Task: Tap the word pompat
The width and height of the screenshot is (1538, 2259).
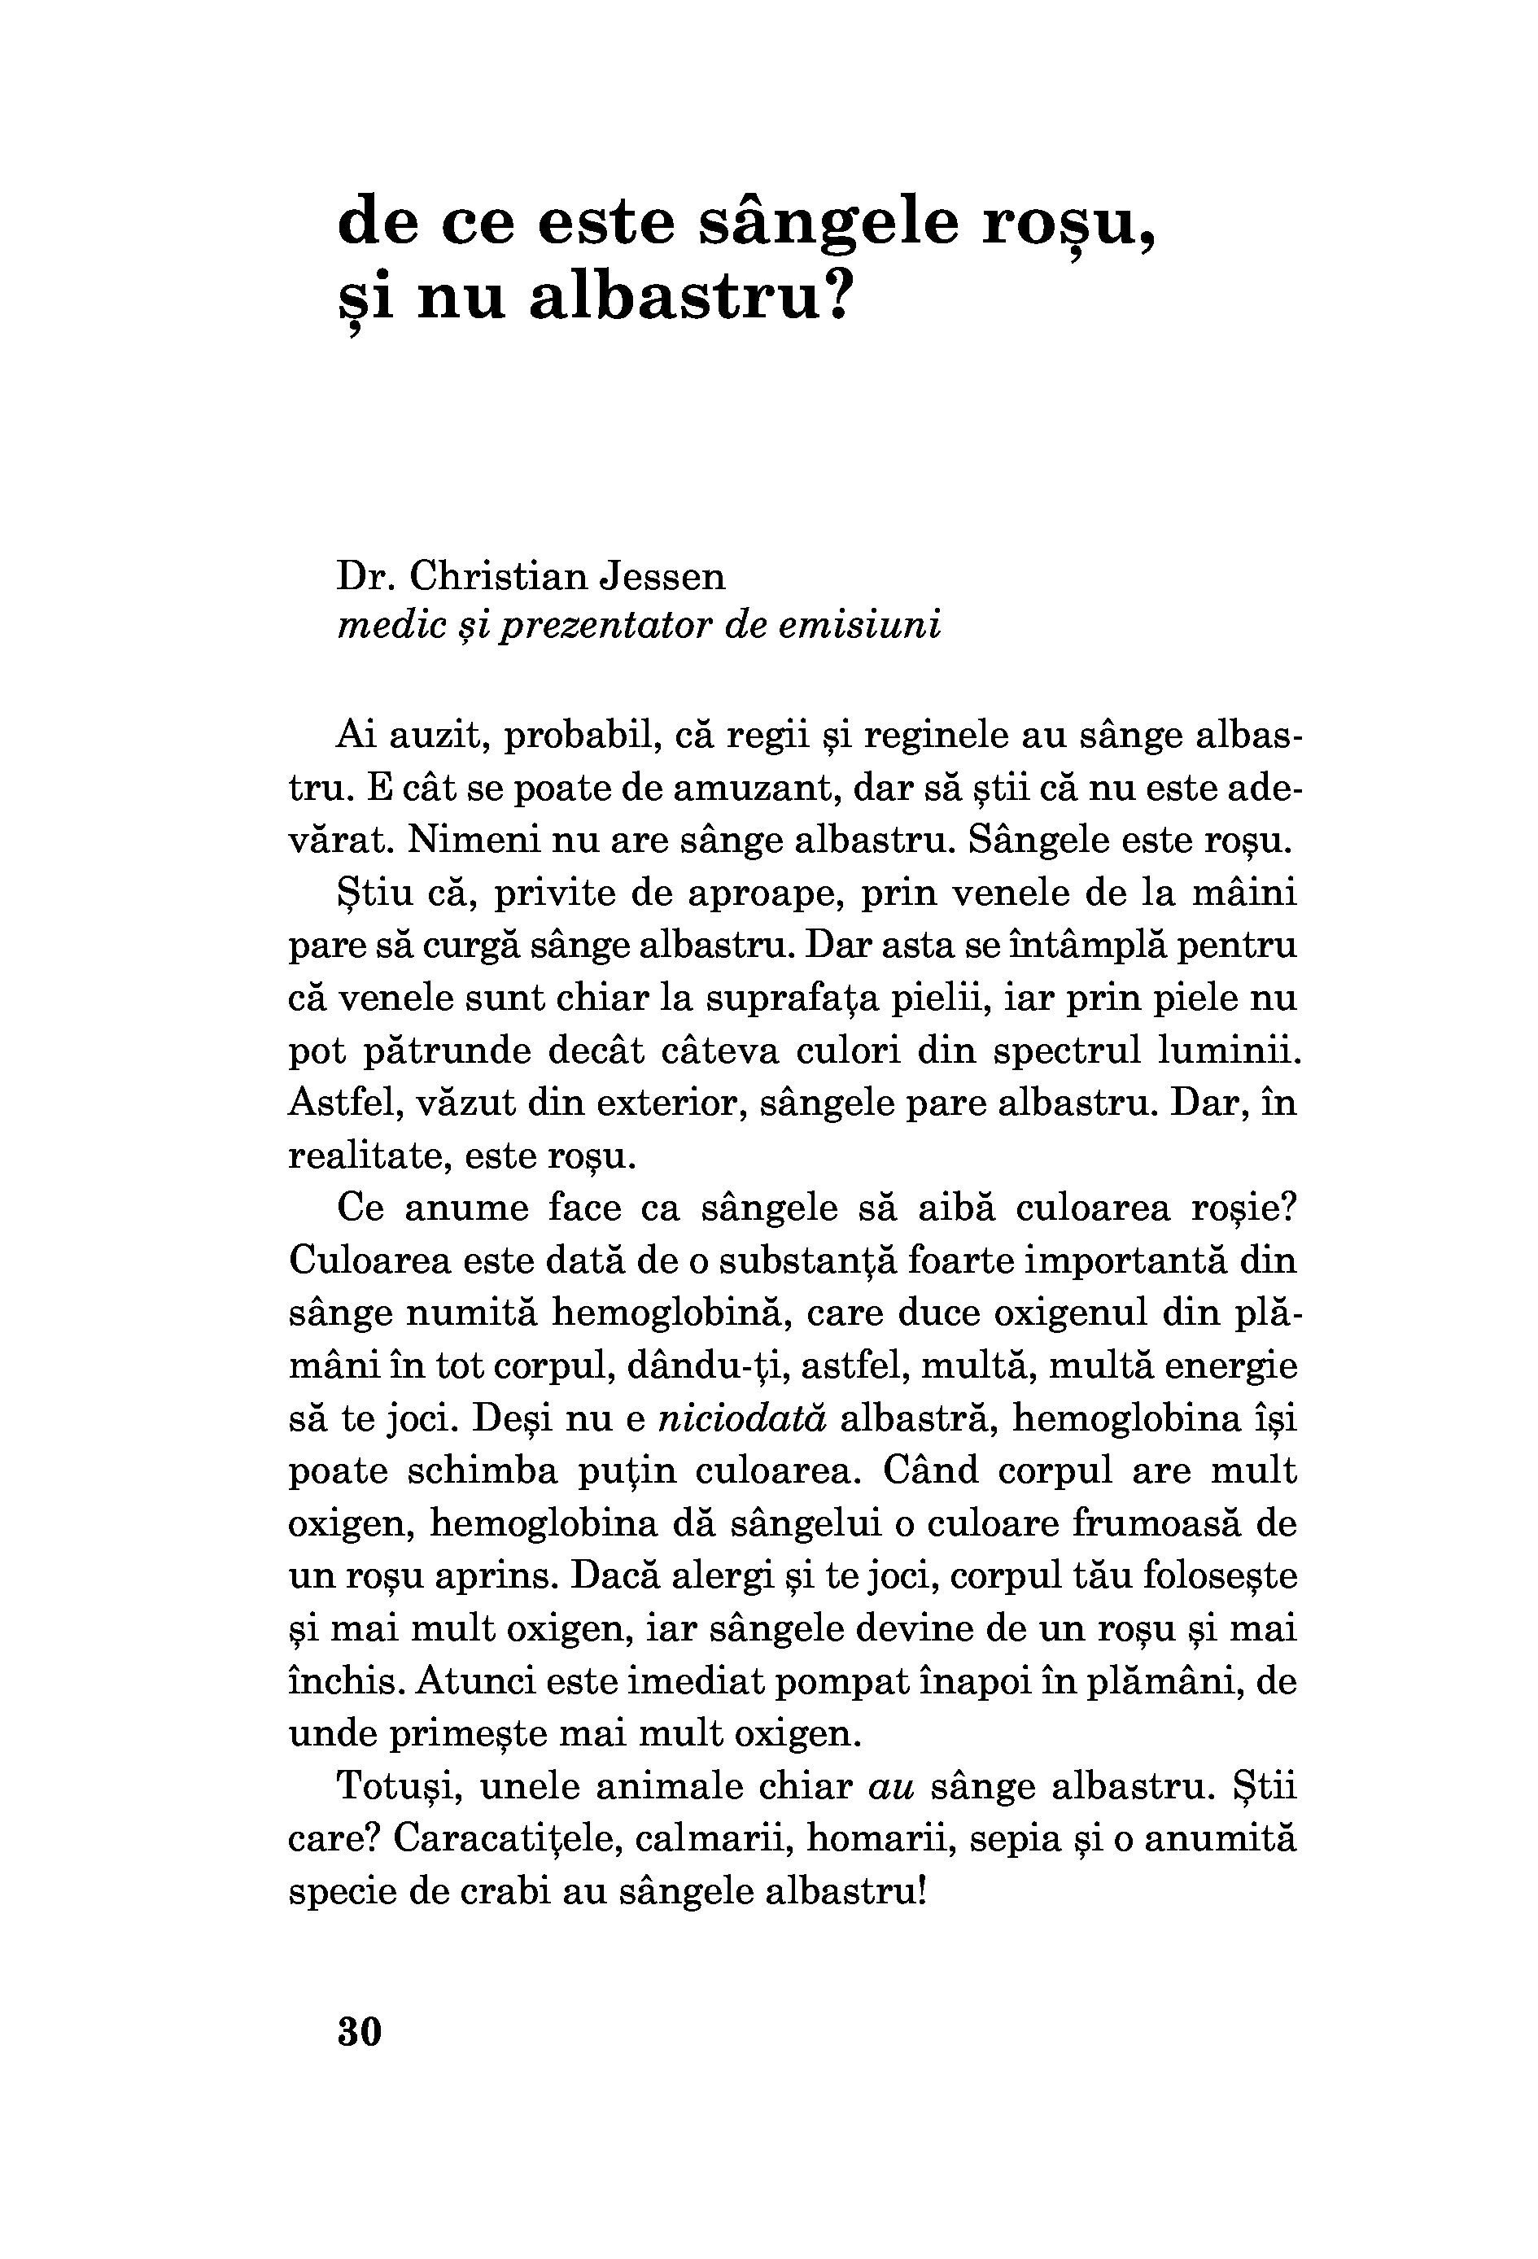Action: (834, 1681)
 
